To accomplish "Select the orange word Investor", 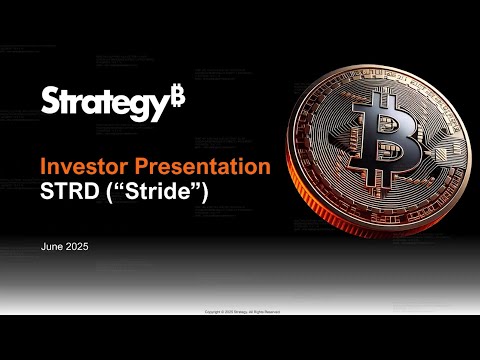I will coord(79,167).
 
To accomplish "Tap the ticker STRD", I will coord(68,192).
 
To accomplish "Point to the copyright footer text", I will coord(240,311).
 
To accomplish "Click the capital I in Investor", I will coord(43,167).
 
